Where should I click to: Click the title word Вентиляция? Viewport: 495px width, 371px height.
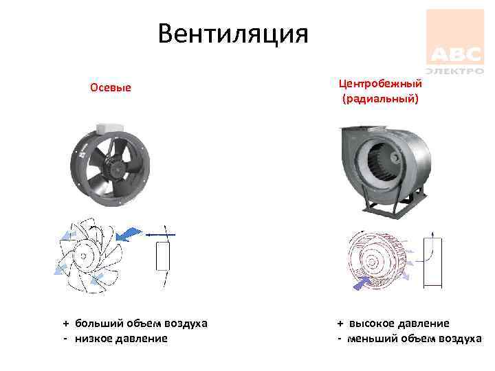pos(233,32)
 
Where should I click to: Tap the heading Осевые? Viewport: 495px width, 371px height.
pos(110,88)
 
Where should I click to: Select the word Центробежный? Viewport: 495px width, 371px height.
pos(379,83)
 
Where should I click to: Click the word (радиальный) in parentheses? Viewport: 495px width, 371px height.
pos(379,100)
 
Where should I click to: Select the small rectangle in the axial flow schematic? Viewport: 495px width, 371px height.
pos(164,256)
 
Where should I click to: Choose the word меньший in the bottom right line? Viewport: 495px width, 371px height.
pos(375,338)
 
